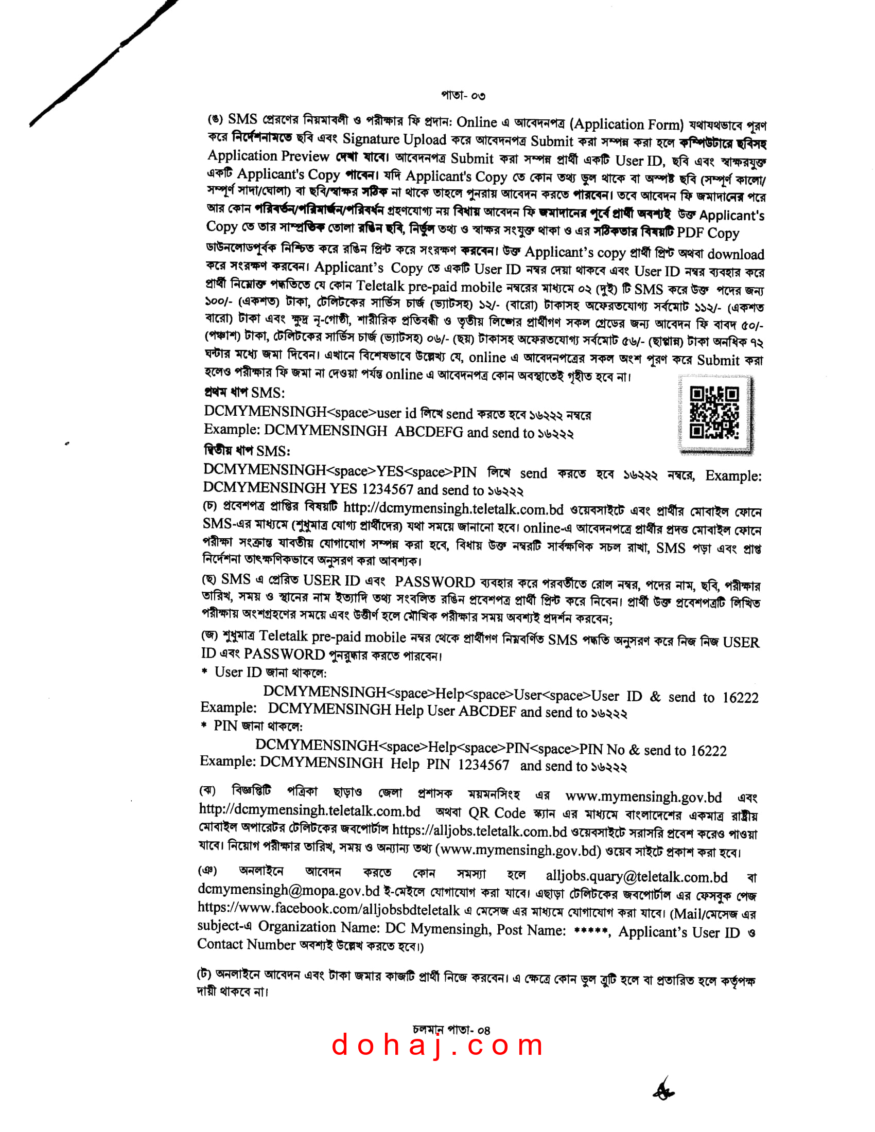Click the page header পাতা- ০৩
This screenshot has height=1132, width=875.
click(463, 95)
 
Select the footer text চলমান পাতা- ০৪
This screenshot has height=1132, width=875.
click(451, 1030)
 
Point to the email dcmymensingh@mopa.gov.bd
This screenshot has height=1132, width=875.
click(289, 890)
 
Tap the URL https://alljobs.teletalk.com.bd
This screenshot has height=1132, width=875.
click(480, 832)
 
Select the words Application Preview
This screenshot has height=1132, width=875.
click(268, 156)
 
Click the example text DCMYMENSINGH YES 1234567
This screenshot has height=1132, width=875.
click(308, 488)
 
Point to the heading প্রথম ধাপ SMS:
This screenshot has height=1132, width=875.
click(244, 393)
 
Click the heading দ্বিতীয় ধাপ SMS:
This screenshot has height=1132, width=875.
click(247, 450)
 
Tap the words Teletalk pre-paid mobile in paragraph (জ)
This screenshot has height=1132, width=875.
click(332, 636)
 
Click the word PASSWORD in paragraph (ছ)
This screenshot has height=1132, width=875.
click(435, 582)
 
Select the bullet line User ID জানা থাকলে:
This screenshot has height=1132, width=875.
click(270, 673)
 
